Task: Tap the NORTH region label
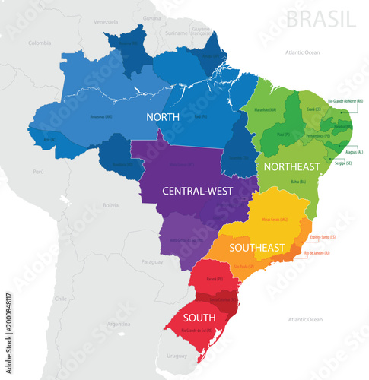click(x=164, y=117)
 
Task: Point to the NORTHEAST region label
click(x=291, y=165)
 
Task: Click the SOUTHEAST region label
click(x=259, y=247)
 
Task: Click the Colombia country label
click(x=39, y=43)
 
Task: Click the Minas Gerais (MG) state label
click(x=275, y=220)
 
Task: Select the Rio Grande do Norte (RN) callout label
click(x=345, y=100)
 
